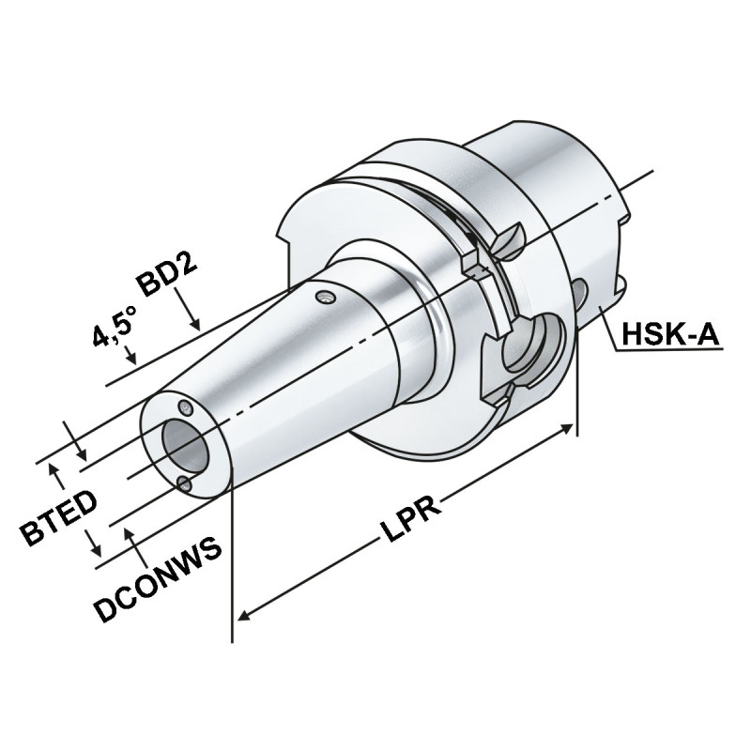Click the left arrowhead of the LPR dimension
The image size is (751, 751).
[242, 615]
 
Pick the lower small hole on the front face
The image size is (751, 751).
[184, 483]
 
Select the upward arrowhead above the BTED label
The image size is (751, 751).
[54, 467]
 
